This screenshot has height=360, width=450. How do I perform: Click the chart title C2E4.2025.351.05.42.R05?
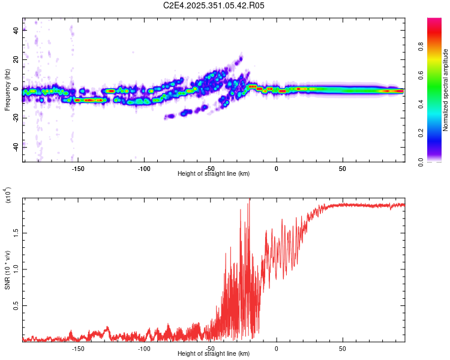click(214, 5)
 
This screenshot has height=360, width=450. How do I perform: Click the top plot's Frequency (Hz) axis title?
click(7, 89)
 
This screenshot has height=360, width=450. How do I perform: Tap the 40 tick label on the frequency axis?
click(16, 31)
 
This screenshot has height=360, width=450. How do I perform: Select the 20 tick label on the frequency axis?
click(16, 60)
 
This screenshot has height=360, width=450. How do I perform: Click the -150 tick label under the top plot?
click(77, 169)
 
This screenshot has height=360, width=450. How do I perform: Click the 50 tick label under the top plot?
click(342, 169)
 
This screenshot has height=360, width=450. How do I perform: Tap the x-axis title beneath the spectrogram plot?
click(214, 174)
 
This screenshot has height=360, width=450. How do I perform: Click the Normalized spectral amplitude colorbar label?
click(446, 90)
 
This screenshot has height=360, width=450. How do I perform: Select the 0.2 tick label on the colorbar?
click(439, 133)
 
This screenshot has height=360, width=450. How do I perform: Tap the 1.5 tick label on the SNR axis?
click(16, 232)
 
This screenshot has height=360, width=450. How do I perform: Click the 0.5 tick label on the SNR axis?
click(16, 305)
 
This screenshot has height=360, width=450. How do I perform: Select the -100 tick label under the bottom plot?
click(143, 349)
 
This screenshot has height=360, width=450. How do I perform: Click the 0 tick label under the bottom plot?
click(276, 349)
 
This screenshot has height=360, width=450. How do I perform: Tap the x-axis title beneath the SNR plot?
click(214, 354)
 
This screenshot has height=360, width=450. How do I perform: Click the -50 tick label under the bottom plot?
click(209, 349)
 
